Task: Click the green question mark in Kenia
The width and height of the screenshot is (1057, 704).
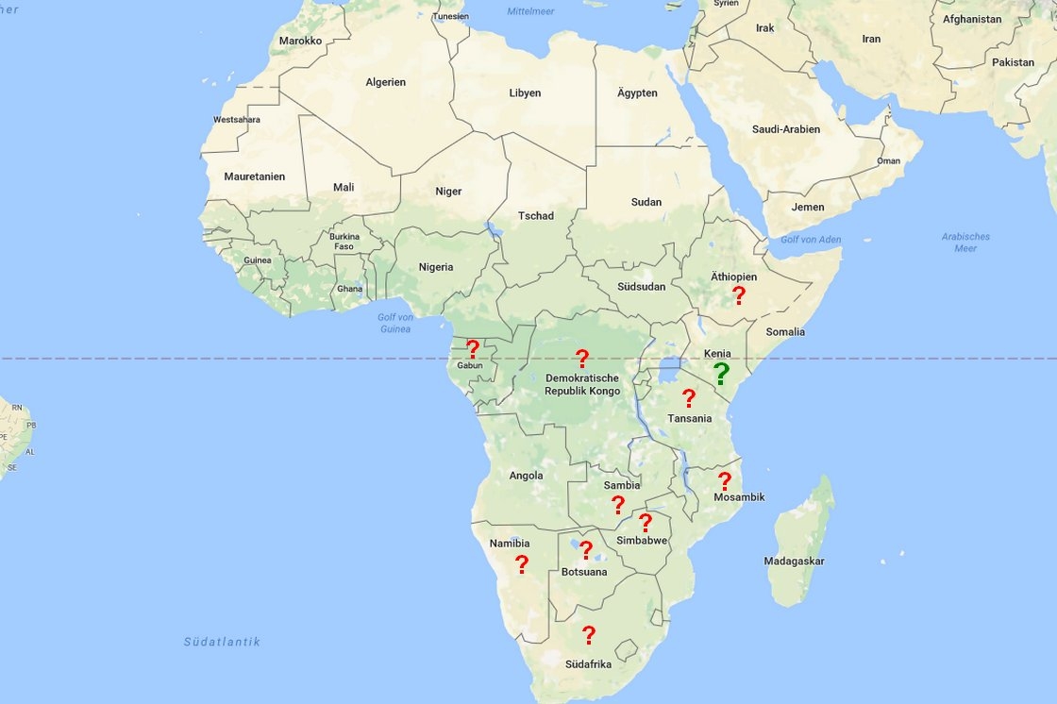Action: click(x=722, y=374)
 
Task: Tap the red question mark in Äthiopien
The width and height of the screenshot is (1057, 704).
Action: click(x=739, y=295)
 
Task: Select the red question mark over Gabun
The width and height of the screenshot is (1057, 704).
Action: click(x=473, y=349)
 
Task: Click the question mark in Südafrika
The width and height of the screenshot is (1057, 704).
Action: click(x=589, y=635)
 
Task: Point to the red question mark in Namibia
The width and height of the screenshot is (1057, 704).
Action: click(x=521, y=564)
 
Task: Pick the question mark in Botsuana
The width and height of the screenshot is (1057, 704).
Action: click(x=586, y=550)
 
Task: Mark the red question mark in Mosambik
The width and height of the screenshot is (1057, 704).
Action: click(x=725, y=481)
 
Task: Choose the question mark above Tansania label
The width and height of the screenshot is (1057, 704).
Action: click(x=689, y=398)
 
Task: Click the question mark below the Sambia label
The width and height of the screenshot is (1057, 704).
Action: click(x=618, y=505)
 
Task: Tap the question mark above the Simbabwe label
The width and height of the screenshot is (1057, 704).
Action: click(x=646, y=522)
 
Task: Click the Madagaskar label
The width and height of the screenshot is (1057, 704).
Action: click(x=794, y=562)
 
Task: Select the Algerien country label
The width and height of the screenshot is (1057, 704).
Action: click(x=385, y=82)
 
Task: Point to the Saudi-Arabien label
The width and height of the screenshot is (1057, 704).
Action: click(x=785, y=129)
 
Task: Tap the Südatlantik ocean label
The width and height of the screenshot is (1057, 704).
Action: click(x=222, y=642)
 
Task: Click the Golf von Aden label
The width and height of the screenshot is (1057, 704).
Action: click(x=810, y=240)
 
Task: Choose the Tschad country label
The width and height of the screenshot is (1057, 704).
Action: click(x=536, y=216)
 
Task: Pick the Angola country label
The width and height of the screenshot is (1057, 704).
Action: click(x=526, y=476)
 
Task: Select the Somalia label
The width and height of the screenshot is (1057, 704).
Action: click(x=785, y=331)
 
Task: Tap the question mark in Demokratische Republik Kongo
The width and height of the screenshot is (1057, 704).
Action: click(x=582, y=359)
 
